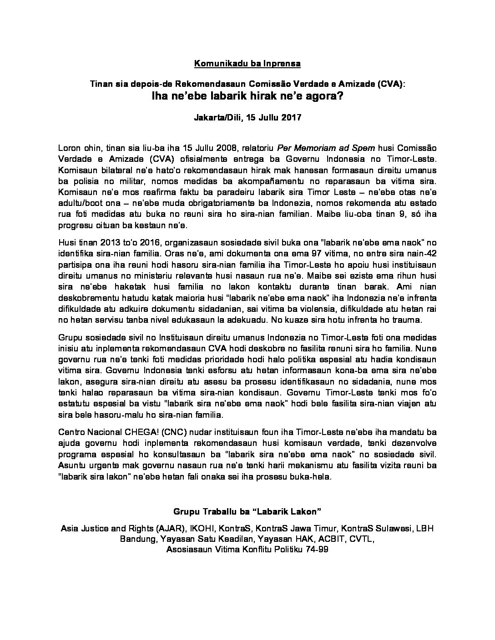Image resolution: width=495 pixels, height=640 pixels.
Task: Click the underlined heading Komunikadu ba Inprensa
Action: [247, 64]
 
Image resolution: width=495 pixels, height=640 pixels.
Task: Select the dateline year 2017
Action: [292, 117]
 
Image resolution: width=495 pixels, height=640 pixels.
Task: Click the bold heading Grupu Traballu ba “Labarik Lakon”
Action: [247, 512]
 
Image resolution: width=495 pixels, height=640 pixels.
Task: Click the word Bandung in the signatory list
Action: [138, 539]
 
